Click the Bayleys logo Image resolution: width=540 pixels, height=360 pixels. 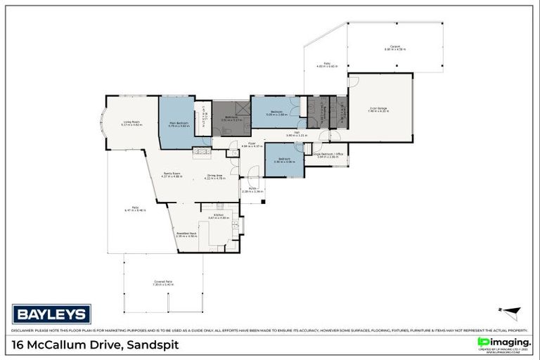[51, 314]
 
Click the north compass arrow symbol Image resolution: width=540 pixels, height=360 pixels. [513, 310]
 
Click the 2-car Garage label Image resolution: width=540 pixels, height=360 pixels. [378, 108]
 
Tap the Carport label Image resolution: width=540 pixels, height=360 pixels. [396, 47]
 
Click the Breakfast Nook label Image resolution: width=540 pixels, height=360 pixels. [186, 233]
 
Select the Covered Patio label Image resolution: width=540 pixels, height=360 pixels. [163, 282]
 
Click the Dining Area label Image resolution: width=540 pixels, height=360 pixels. [214, 176]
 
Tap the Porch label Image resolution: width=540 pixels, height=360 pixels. [252, 188]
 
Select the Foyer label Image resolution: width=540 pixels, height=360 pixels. [252, 143]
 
